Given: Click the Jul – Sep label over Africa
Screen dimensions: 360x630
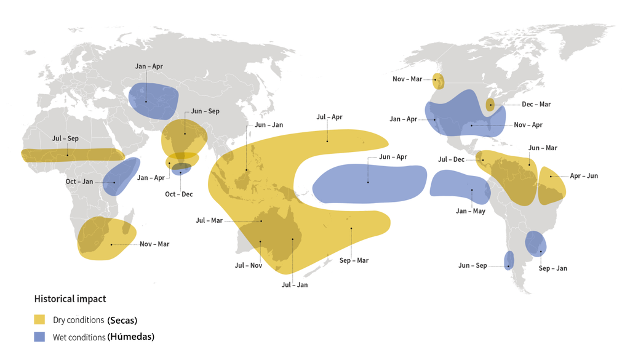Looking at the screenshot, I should tap(65, 138).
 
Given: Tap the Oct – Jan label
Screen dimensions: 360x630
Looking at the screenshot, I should tap(79, 182).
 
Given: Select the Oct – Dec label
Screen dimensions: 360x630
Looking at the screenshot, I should tap(178, 194).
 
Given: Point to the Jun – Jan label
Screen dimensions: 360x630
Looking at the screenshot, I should tap(269, 125).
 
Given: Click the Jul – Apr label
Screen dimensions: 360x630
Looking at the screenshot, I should tap(329, 117).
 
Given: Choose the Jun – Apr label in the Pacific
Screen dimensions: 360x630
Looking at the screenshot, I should tap(393, 157).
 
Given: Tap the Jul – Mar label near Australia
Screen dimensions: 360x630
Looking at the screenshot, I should tap(209, 220).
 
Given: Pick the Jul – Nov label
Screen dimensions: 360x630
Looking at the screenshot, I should tap(249, 265).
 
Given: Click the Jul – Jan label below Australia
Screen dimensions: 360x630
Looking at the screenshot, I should tap(294, 285).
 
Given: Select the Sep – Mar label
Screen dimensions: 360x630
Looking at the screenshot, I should tap(354, 260).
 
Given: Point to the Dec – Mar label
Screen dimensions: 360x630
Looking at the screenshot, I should tap(536, 105).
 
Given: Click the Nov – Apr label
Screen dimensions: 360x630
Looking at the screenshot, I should tap(528, 125).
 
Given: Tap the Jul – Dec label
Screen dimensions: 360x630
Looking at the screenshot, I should tap(451, 159).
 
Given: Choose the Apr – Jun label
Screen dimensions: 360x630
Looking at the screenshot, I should tap(584, 176).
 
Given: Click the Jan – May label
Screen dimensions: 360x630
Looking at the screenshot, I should tap(471, 211).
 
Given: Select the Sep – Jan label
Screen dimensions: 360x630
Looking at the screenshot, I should tap(552, 268).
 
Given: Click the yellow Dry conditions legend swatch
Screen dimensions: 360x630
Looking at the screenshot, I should tap(39, 320).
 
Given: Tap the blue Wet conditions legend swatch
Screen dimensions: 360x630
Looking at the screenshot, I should tap(39, 337).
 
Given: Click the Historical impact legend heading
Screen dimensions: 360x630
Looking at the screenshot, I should tap(70, 299).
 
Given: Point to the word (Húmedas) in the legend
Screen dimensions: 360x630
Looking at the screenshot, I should tap(130, 337).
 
